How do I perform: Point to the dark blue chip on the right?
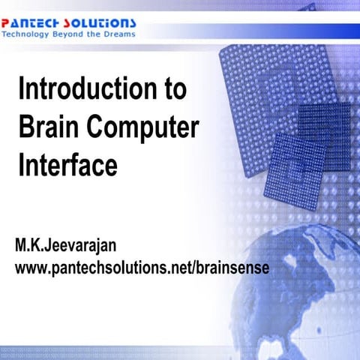[323, 124]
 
